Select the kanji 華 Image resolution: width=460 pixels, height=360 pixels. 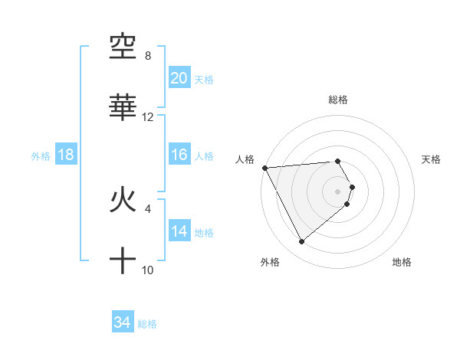(123, 108)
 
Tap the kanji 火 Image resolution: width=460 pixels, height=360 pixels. (123, 201)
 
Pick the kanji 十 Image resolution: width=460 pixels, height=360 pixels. (123, 261)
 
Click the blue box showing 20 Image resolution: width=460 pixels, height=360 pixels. (179, 78)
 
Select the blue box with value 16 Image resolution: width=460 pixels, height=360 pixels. (179, 155)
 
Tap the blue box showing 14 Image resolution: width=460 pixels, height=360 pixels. (179, 231)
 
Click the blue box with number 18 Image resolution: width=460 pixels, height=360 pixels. (66, 155)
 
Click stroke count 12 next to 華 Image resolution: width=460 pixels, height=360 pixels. (148, 117)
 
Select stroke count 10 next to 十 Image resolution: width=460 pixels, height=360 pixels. (148, 270)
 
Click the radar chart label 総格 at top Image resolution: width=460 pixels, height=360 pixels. (338, 100)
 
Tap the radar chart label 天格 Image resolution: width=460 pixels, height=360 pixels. (431, 159)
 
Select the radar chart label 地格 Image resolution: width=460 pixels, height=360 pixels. (402, 262)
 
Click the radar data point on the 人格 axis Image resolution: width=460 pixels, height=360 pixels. (264, 168)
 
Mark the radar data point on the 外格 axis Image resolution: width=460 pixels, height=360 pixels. (301, 242)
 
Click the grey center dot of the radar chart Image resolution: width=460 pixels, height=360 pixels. (338, 191)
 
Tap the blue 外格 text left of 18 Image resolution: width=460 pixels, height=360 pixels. (41, 155)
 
